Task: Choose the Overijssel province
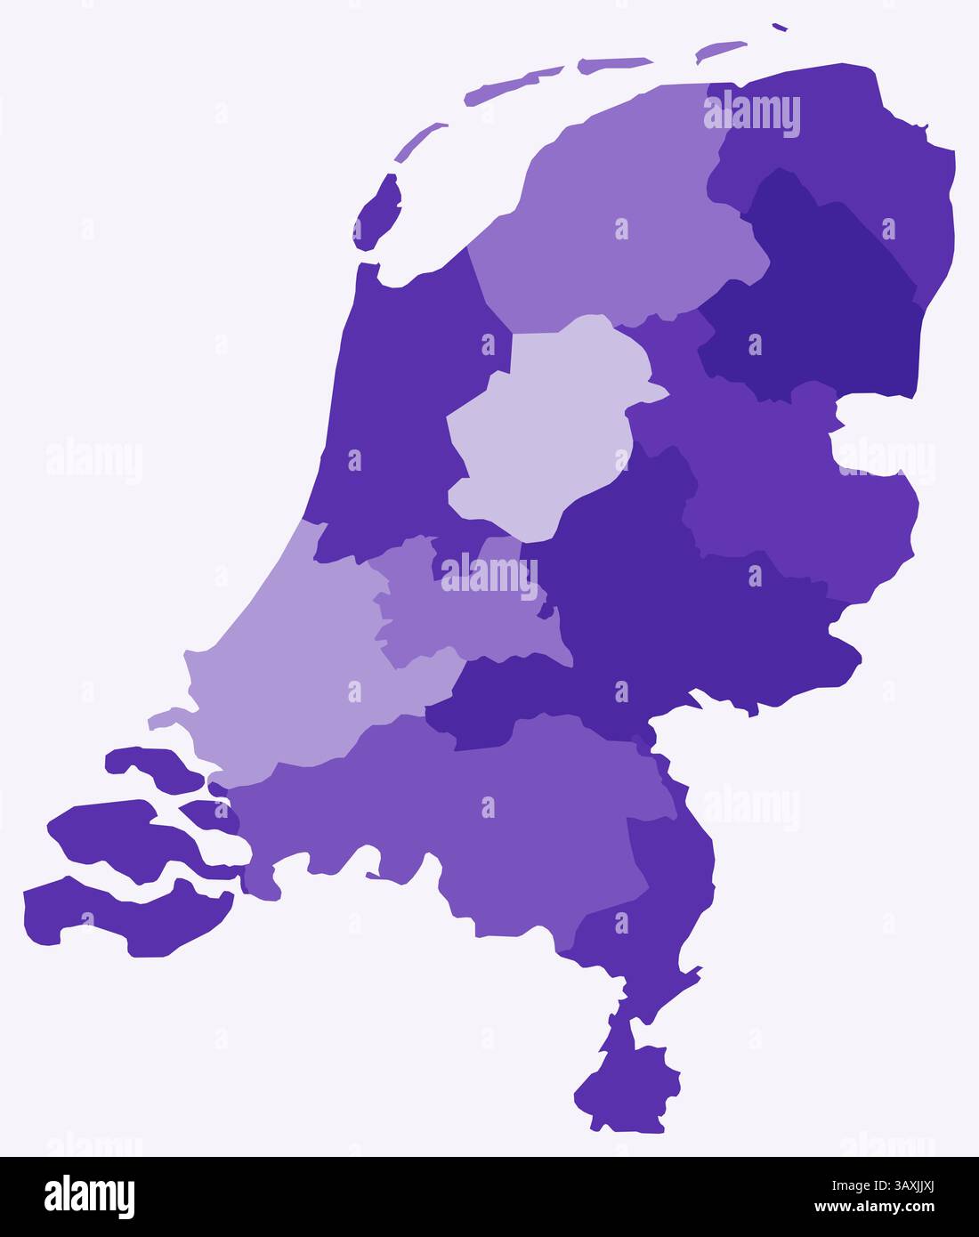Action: click(x=783, y=481)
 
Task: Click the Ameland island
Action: click(x=614, y=65)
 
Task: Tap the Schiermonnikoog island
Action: click(x=721, y=52)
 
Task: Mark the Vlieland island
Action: click(x=418, y=142)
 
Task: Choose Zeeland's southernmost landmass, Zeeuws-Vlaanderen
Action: click(x=125, y=917)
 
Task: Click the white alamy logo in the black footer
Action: click(x=89, y=1197)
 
